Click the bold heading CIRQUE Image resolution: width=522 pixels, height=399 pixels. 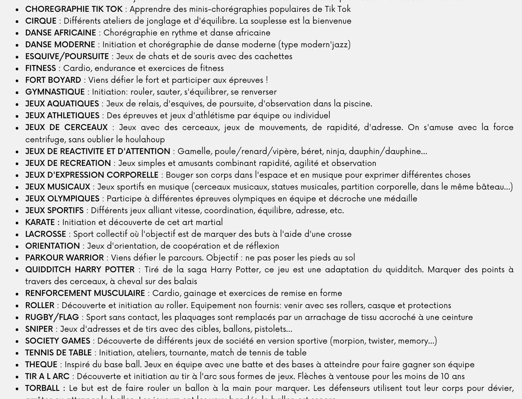pyautogui.click(x=41, y=21)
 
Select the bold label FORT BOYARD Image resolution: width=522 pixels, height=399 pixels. pyautogui.click(x=53, y=80)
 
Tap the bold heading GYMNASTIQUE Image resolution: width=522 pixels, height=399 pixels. pyautogui.click(x=55, y=92)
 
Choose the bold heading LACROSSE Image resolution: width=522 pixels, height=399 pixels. pyautogui.click(x=45, y=234)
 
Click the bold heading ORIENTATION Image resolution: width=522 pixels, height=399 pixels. pyautogui.click(x=52, y=246)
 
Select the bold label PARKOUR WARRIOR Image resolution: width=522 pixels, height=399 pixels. pyautogui.click(x=65, y=258)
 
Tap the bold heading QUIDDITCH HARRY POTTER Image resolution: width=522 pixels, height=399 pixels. pyautogui.click(x=80, y=270)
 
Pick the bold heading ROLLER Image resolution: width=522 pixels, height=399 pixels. pyautogui.click(x=40, y=306)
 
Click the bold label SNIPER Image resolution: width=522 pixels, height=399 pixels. pyautogui.click(x=39, y=329)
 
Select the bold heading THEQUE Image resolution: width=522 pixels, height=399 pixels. pyautogui.click(x=41, y=365)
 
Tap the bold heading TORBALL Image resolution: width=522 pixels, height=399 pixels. pyautogui.click(x=42, y=388)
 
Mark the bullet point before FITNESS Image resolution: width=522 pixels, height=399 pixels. pyautogui.click(x=17, y=69)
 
